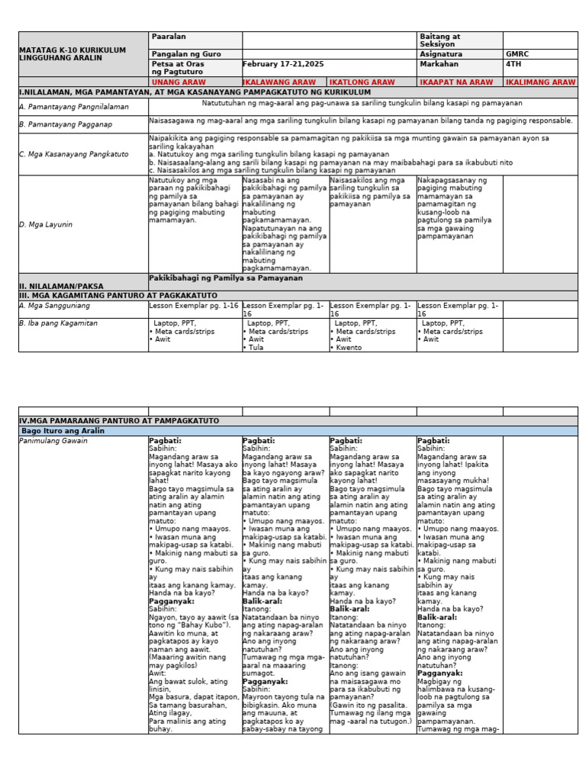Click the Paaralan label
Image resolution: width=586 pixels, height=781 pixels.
point(169,37)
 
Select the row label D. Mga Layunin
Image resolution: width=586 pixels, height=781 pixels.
point(46,225)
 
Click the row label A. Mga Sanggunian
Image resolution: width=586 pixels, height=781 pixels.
point(54,305)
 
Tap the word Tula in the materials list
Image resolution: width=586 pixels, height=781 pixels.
point(257,348)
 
